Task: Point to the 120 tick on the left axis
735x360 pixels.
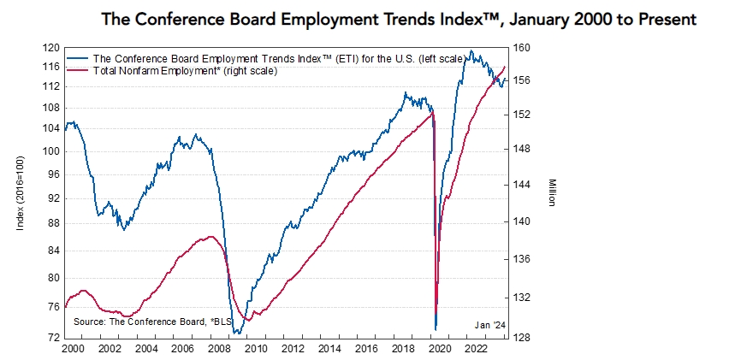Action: point(53,49)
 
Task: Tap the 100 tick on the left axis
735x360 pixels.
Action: point(53,151)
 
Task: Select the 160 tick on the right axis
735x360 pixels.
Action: point(523,49)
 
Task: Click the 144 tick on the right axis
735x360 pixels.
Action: point(523,184)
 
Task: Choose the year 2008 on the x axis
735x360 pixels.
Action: point(219,350)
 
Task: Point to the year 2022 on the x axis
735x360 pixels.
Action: point(477,350)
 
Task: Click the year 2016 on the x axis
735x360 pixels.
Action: point(366,350)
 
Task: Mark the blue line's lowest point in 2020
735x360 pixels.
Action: point(436,329)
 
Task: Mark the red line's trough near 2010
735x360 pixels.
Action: point(247,320)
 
